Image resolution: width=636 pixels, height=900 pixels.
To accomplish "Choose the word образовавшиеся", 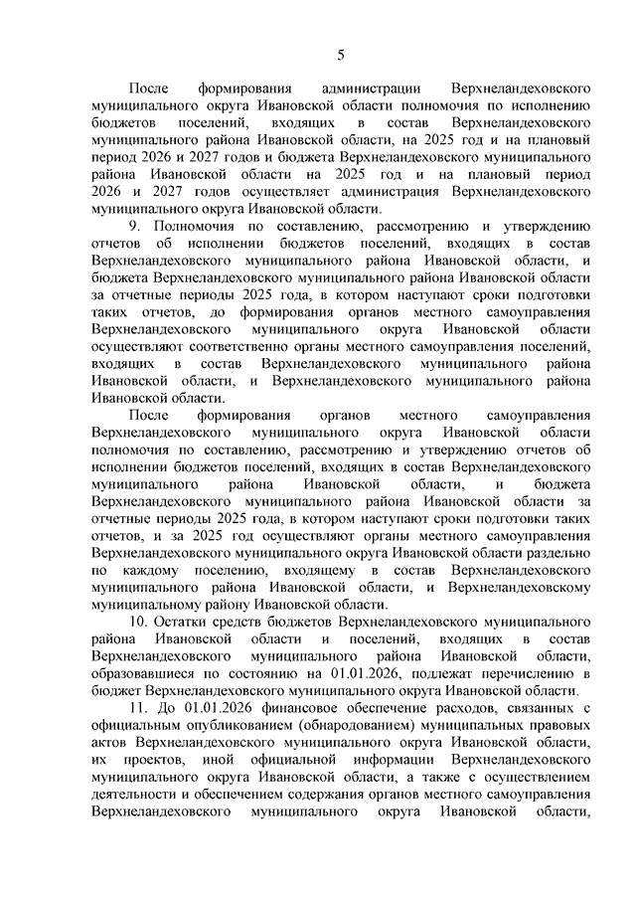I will click(138, 673).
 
